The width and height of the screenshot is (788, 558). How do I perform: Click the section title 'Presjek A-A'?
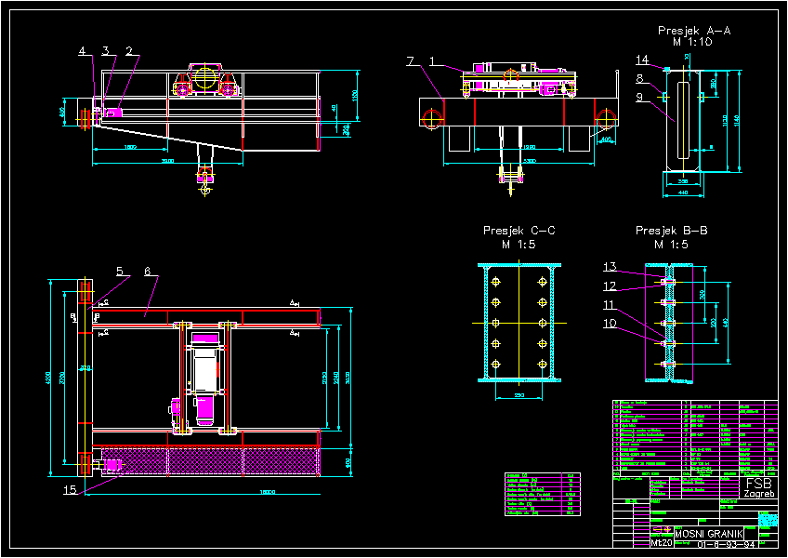tap(694, 31)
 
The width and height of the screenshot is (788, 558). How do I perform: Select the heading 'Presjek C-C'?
tap(519, 230)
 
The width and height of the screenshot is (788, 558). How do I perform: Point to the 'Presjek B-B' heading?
tap(671, 230)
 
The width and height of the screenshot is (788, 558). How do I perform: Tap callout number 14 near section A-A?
tap(642, 60)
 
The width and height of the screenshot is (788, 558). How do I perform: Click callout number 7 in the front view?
tap(410, 61)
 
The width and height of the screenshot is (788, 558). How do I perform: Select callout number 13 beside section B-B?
tap(610, 266)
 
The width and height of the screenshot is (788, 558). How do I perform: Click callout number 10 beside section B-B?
tap(610, 323)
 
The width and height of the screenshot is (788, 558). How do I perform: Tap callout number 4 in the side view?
tap(82, 50)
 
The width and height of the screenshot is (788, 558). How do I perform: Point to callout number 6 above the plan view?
tap(148, 272)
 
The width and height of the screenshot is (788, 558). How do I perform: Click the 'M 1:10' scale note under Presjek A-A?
tap(692, 42)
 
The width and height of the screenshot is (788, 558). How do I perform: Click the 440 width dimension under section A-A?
tap(681, 193)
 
